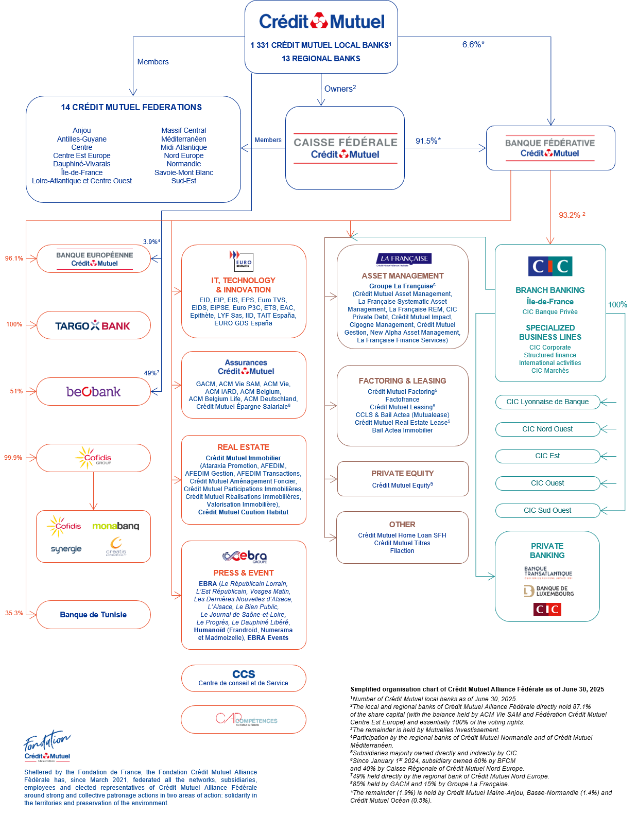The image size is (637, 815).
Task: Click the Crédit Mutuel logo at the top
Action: click(x=321, y=22)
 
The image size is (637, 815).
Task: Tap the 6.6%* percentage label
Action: click(x=473, y=45)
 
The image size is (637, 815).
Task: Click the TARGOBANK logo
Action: click(x=93, y=325)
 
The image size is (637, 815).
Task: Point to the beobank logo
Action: click(x=93, y=392)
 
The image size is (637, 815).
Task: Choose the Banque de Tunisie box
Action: click(x=93, y=615)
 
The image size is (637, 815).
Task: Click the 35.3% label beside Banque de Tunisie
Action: click(x=14, y=613)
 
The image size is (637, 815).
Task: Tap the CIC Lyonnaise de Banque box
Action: click(x=547, y=402)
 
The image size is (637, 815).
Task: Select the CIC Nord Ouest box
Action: click(x=547, y=429)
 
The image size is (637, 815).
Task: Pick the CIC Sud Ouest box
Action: click(x=547, y=511)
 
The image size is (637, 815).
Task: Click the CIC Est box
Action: click(x=547, y=456)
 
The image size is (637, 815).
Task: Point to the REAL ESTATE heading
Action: click(x=243, y=447)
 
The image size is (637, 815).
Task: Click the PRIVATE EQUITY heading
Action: click(x=402, y=474)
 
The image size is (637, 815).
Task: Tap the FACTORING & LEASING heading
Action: click(x=402, y=381)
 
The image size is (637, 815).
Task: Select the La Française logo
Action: click(x=404, y=259)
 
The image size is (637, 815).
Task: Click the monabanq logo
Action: click(x=115, y=526)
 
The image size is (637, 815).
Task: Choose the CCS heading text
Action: click(x=244, y=674)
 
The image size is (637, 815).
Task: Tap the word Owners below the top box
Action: click(x=338, y=89)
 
